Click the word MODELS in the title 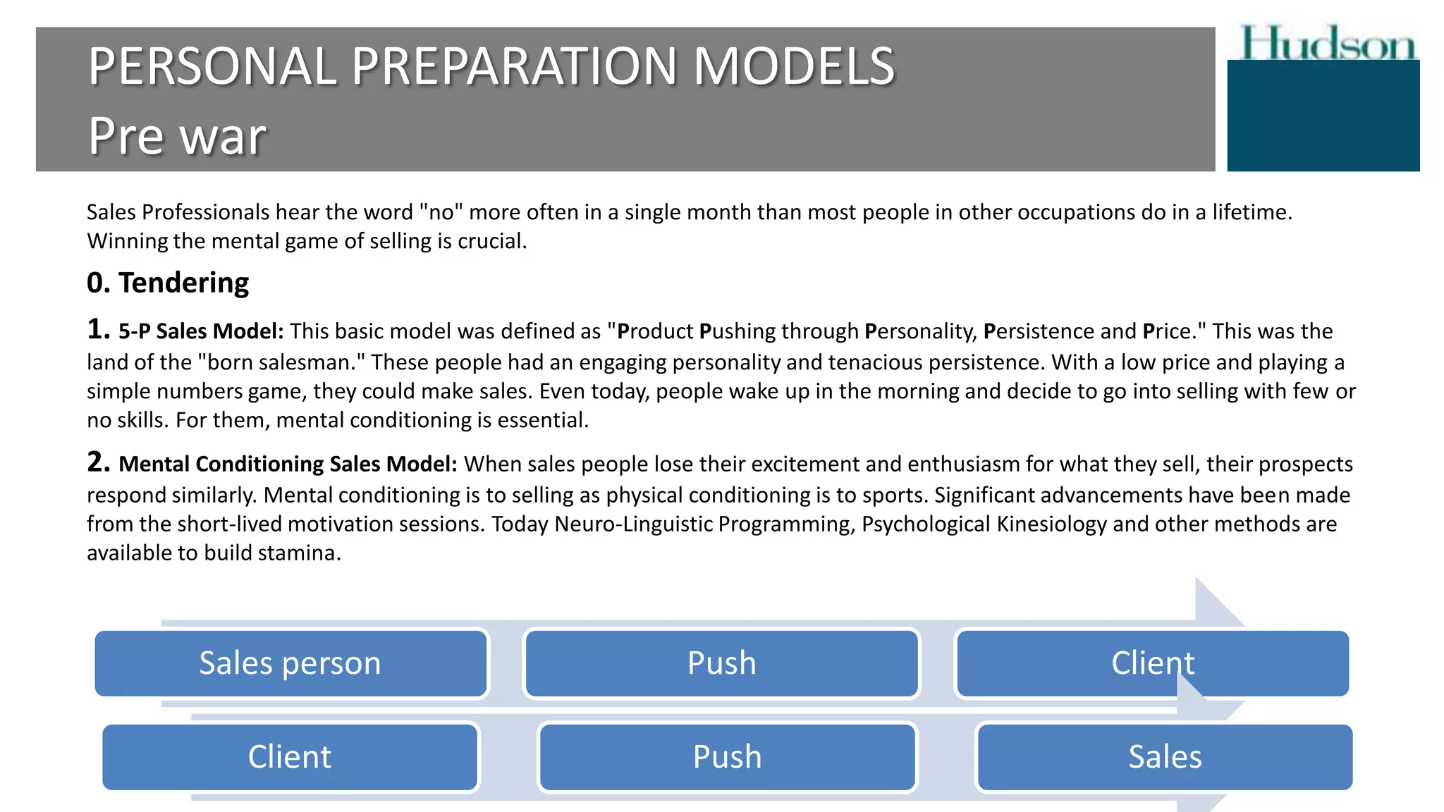793,66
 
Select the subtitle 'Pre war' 177,135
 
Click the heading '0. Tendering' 168,283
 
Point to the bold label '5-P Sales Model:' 201,331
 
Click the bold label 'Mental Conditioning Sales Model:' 288,464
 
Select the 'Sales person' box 290,663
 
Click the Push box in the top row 721,663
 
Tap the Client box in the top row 1152,663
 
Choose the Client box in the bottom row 290,757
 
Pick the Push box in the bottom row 727,757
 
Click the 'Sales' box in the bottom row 1165,757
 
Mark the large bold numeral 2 98,462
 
